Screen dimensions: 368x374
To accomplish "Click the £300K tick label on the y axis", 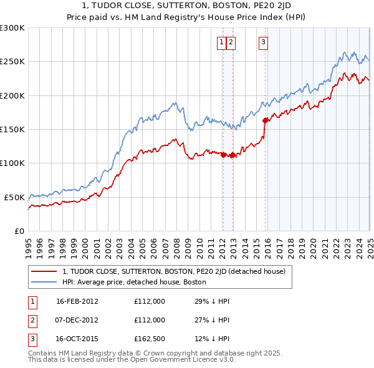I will (x=12, y=28).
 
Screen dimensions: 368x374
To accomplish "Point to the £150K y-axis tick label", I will (x=12, y=129).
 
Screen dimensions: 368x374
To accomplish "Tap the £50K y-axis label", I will (x=14, y=197).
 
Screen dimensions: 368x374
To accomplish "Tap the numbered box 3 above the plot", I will (x=263, y=42).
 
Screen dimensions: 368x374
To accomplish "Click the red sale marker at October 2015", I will (x=266, y=120).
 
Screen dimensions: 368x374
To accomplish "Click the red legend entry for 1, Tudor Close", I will (x=173, y=271).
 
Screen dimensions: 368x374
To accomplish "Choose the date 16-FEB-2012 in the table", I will (x=77, y=301).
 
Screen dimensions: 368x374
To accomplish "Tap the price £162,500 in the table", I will (x=150, y=340).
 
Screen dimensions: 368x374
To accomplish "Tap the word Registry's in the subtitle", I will (x=212, y=17).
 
